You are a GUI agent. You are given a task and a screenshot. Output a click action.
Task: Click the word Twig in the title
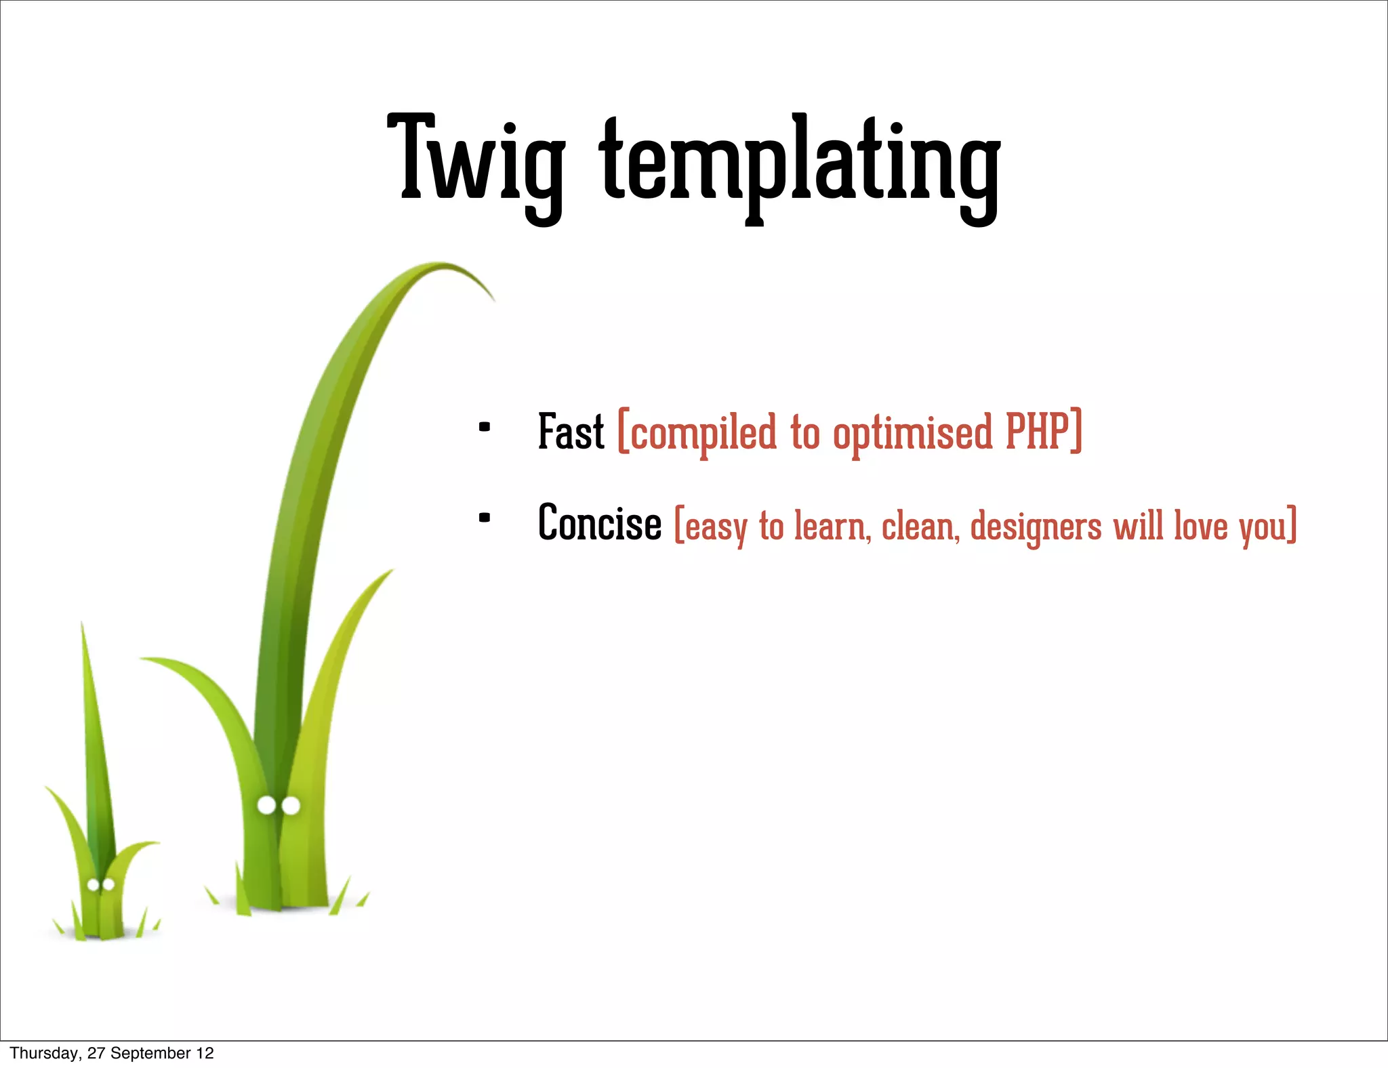click(x=476, y=163)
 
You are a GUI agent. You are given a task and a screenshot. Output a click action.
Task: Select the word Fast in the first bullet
click(x=571, y=432)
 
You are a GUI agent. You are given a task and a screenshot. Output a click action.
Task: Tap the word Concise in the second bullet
click(x=600, y=524)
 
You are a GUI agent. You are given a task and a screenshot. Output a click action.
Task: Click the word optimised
click(x=912, y=434)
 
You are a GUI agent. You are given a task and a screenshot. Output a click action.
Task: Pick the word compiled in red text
click(x=703, y=434)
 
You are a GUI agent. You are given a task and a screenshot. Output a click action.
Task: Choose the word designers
click(x=1036, y=527)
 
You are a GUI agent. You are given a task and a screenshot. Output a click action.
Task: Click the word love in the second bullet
click(x=1200, y=525)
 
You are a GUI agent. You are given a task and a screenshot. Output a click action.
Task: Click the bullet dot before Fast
click(x=484, y=427)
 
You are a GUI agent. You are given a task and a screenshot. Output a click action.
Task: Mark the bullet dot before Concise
click(x=484, y=518)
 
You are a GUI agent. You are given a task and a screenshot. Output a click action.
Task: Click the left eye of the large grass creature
click(x=267, y=805)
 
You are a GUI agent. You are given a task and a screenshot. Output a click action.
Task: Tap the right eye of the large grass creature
click(x=291, y=806)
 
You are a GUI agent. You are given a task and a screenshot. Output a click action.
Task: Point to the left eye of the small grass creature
click(x=94, y=884)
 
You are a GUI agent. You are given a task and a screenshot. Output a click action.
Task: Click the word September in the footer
click(x=150, y=1053)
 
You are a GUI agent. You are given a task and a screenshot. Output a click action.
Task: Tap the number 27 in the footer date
click(x=96, y=1053)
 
